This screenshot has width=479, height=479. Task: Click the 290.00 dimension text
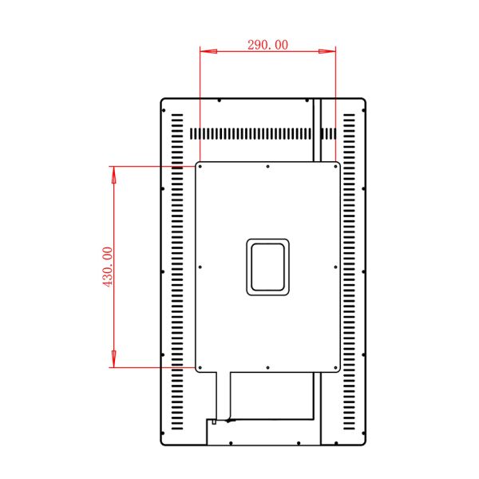click(267, 45)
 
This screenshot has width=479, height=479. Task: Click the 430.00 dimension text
click(108, 267)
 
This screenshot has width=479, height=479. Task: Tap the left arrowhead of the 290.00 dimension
click(208, 51)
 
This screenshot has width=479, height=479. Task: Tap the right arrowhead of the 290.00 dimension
click(327, 51)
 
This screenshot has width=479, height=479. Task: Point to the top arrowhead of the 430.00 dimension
click(113, 175)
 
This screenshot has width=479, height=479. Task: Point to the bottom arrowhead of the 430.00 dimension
click(113, 358)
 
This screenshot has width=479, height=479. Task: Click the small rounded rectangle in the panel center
click(268, 267)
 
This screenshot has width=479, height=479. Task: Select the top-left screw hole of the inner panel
click(200, 167)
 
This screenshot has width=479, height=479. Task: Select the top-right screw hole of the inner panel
click(336, 167)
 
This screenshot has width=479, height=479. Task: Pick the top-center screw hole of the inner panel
click(268, 167)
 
